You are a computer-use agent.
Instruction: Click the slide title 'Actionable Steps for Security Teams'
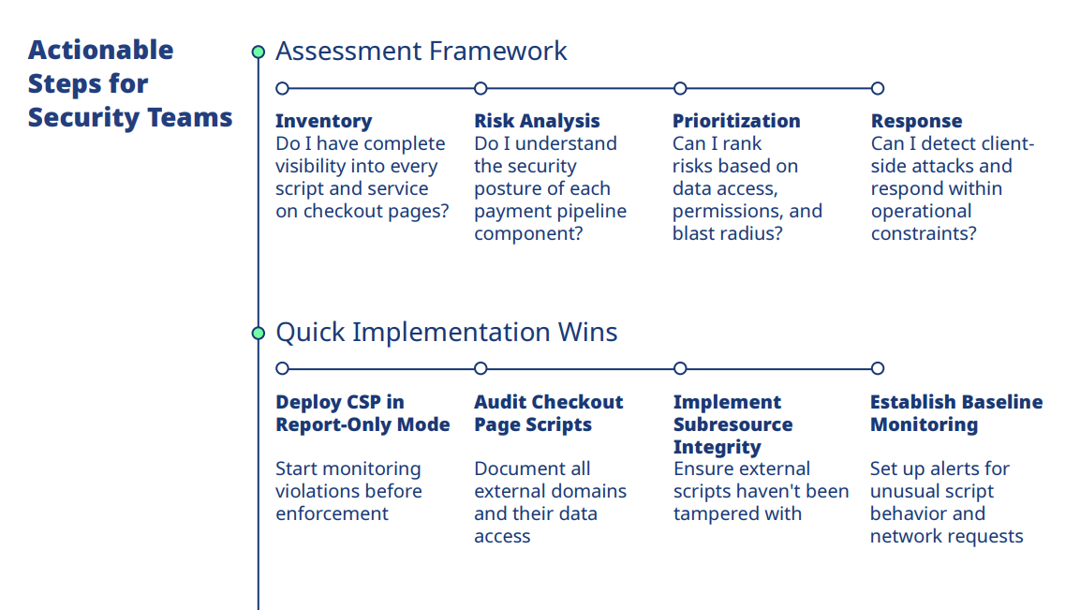130,83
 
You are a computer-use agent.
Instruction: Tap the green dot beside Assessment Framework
259,52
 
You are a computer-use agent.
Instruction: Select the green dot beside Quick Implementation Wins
259,333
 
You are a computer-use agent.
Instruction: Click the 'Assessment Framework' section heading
421,51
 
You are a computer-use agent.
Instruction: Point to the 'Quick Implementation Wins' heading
446,333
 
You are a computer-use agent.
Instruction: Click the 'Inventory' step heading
324,121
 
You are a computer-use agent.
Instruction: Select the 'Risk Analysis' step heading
537,121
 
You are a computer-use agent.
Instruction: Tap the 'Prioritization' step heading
736,121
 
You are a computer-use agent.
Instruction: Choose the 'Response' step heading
916,121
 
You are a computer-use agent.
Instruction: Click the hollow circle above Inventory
282,88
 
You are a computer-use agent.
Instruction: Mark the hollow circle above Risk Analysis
481,88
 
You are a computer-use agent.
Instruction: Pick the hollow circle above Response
878,88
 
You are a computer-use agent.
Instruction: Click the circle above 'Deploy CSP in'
282,369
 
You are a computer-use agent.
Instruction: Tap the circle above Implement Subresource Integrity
681,369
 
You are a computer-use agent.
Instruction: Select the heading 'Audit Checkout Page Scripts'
548,413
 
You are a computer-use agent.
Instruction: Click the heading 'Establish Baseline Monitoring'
956,413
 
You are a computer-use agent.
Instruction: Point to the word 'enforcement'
332,513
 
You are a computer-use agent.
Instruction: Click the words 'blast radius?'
728,233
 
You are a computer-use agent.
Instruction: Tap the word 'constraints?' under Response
924,233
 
